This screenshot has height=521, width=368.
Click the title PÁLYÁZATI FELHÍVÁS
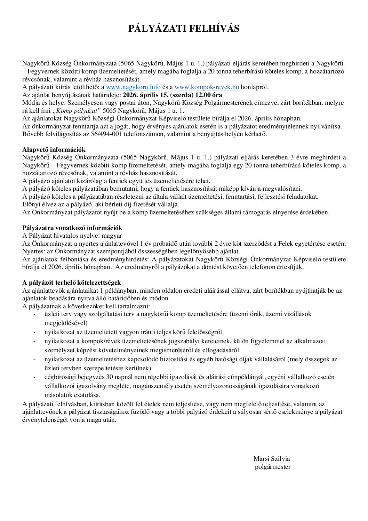tap(184, 29)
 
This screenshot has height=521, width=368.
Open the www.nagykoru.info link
tap(133, 87)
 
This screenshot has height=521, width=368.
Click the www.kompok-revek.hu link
tap(207, 87)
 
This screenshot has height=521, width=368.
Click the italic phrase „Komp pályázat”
tap(77, 111)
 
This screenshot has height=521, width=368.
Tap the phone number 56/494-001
tap(106, 134)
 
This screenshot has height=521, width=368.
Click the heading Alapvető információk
tap(54, 150)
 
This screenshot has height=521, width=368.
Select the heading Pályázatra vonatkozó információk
tap(72, 228)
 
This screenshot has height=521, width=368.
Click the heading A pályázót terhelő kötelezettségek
tap(72, 283)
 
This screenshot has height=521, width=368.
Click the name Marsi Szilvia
tap(272, 459)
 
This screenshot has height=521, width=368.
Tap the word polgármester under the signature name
tap(273, 467)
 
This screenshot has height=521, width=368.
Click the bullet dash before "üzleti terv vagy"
tap(34, 314)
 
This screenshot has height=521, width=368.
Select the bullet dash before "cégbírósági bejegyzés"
tap(34, 377)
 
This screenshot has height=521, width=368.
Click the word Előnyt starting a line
tap(31, 204)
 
